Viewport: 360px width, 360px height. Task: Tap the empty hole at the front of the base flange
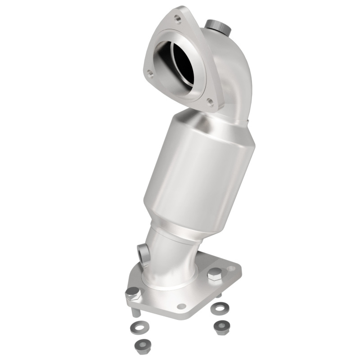[x=181, y=306]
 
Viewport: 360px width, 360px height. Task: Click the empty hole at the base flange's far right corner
[x=231, y=269]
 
